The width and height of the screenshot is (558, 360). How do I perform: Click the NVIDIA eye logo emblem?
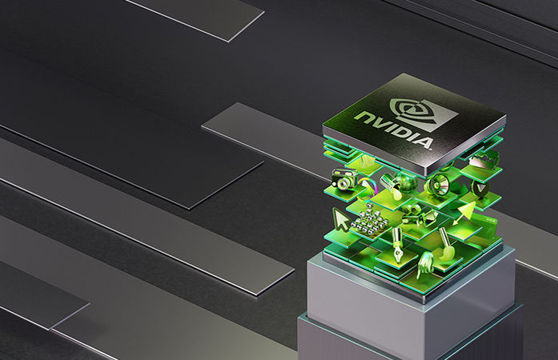click(424, 111)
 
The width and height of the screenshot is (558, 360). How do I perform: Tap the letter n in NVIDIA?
click(363, 117)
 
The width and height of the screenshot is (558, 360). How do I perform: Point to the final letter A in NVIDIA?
click(424, 142)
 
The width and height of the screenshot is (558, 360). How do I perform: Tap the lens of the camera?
click(344, 183)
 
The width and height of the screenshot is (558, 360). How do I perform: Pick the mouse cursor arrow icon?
click(340, 219)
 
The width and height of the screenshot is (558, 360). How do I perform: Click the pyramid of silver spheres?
click(366, 222)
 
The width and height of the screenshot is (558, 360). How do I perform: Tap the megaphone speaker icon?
click(438, 183)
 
